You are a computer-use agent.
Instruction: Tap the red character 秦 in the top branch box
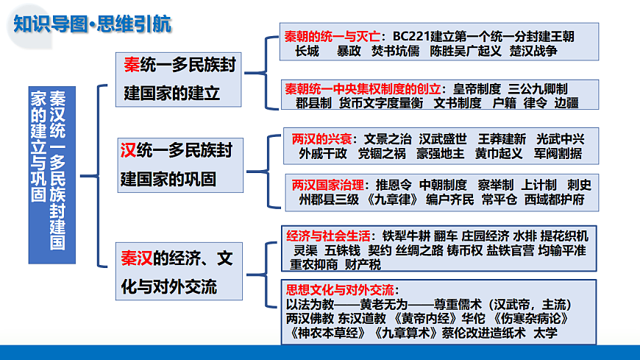click(x=132, y=66)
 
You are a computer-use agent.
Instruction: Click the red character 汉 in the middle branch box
click(x=128, y=151)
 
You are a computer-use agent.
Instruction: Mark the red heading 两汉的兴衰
click(x=321, y=138)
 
